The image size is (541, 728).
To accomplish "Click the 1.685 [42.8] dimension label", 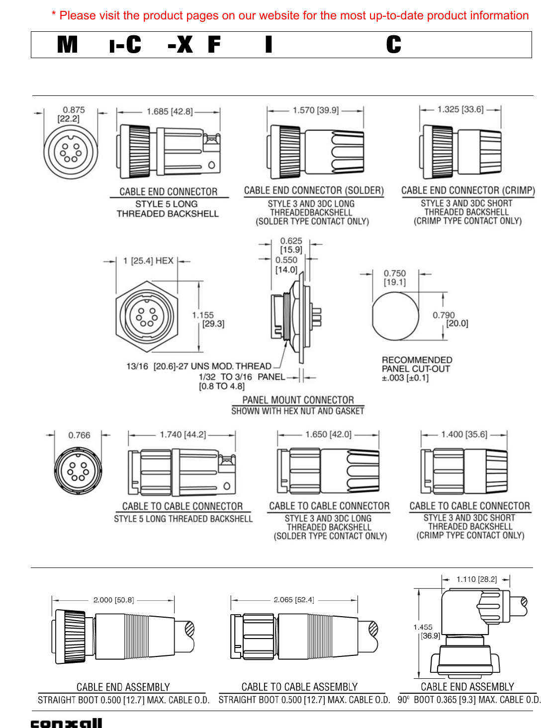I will coord(169,111).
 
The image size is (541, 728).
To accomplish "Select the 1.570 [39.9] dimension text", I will coord(315,110).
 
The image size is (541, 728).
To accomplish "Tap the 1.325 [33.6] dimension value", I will coord(460,109).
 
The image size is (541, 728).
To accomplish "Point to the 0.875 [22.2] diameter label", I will coord(71,114).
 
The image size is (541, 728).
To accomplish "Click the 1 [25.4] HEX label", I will coord(148,261).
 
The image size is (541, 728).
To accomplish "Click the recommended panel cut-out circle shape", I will coord(395,316).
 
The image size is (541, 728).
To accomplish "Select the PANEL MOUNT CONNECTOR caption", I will coord(298,400).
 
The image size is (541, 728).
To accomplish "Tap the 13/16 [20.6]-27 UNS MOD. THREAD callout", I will coord(198,366).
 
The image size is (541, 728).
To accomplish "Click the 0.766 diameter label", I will coord(79,435).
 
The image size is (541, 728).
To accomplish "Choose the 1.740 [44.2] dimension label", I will coord(182,435).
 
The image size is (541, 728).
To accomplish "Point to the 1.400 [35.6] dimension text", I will coord(464,434).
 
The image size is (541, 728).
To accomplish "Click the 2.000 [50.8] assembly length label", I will coord(113,600).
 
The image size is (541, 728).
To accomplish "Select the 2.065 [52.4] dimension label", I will coord(293,600).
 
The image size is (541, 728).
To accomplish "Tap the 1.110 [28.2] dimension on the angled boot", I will coord(476,579).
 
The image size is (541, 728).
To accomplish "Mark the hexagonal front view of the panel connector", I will coord(146,315).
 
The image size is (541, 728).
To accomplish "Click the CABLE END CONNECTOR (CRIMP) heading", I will coord(468,190).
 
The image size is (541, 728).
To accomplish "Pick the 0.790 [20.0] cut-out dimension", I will coord(450,319).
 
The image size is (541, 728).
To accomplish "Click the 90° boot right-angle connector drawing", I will coord(470,631).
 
